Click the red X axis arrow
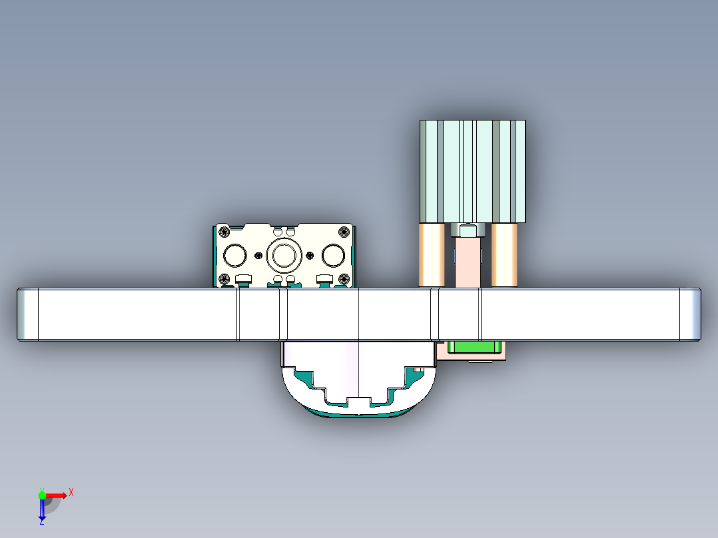click(56, 495)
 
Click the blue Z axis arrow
click(42, 510)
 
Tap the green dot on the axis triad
click(42, 494)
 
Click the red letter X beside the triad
click(71, 492)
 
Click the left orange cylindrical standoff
click(432, 255)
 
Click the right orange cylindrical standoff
click(505, 255)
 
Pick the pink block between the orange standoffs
click(468, 263)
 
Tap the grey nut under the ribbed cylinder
click(468, 230)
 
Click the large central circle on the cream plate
click(284, 255)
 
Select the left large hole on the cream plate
click(235, 255)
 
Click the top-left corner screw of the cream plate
click(224, 232)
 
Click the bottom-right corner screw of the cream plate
click(344, 279)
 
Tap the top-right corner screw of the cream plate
click(344, 232)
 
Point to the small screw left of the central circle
click(258, 255)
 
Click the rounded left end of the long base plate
click(27, 314)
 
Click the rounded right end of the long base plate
click(691, 314)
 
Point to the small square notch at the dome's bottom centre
click(358, 402)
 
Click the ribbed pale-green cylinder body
click(472, 171)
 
